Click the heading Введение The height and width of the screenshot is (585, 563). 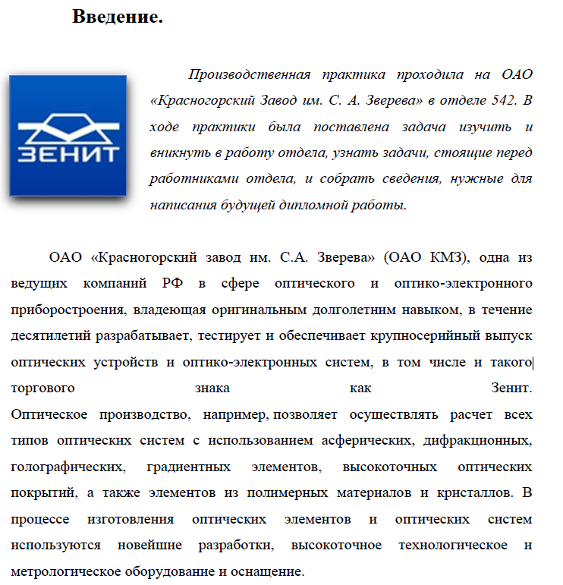click(x=118, y=17)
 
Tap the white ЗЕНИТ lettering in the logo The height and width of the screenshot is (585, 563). click(x=68, y=154)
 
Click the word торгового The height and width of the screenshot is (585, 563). click(x=42, y=388)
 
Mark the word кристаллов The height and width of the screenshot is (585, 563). click(x=473, y=493)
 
